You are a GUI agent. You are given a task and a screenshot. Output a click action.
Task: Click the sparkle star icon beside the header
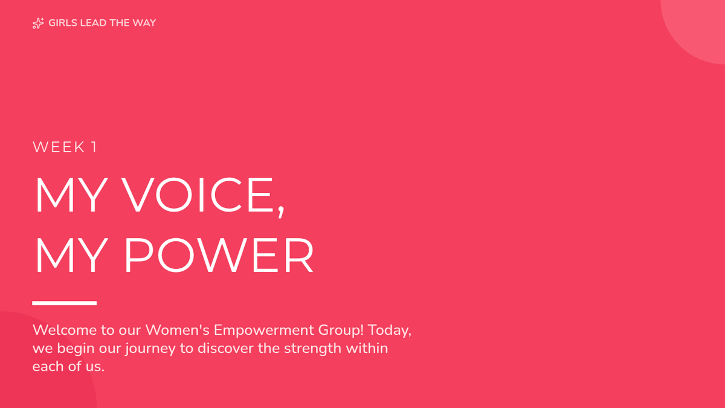point(38,23)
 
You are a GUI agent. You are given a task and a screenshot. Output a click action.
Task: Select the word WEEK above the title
point(59,147)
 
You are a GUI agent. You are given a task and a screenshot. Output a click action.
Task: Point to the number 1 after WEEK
point(94,147)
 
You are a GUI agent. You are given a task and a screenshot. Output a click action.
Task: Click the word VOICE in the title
point(198,195)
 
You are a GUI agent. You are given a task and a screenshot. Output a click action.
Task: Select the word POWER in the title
point(219,255)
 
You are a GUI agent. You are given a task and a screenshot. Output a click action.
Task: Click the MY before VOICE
point(71,195)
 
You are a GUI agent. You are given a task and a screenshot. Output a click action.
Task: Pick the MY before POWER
point(71,255)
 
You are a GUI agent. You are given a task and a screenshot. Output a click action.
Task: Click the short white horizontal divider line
point(65,303)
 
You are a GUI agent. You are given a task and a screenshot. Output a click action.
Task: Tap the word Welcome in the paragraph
point(65,330)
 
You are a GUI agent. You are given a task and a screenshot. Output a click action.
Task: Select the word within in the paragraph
point(367,348)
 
